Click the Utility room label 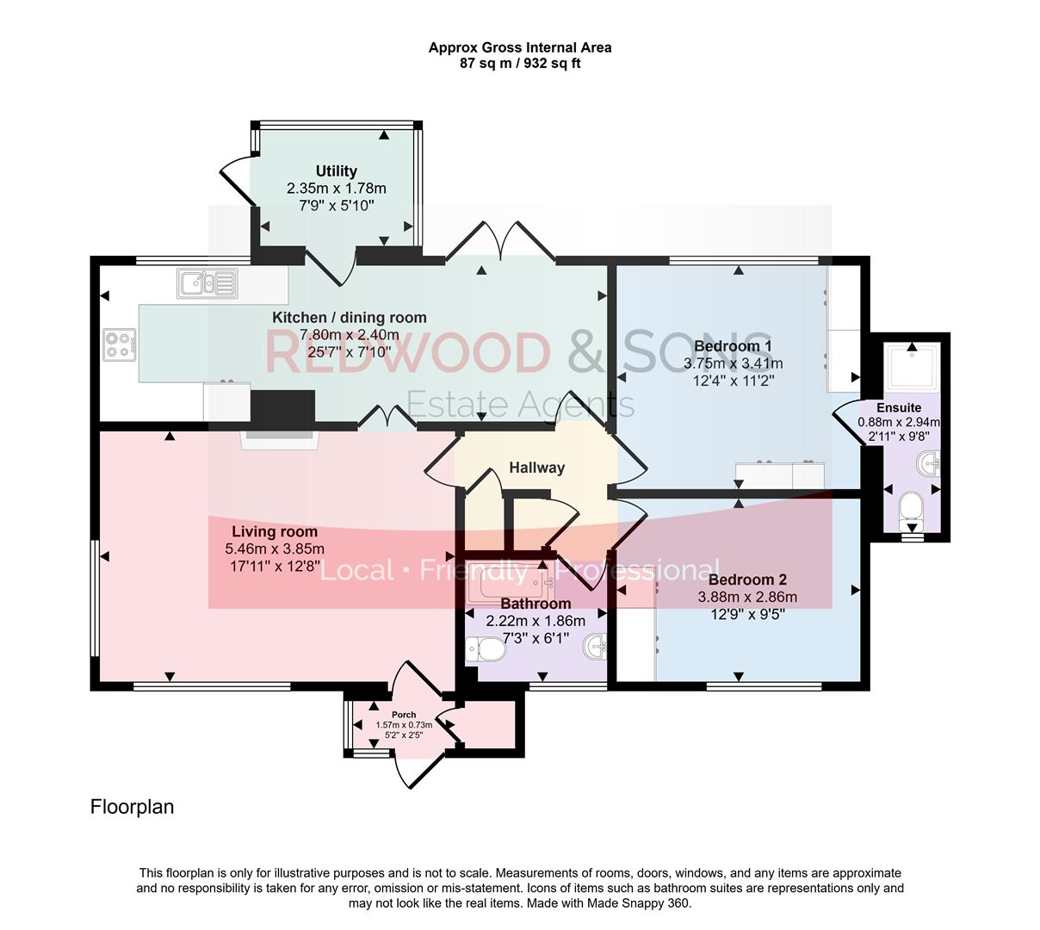point(336,171)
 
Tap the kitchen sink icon point(207,282)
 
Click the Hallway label point(536,468)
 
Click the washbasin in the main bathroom point(595,646)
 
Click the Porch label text point(404,715)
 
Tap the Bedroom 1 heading point(733,346)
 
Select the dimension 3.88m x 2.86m point(746,597)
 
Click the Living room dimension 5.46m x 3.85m point(275,549)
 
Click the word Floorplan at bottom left point(132,807)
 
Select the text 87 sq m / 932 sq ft point(520,63)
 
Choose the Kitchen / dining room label point(350,317)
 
